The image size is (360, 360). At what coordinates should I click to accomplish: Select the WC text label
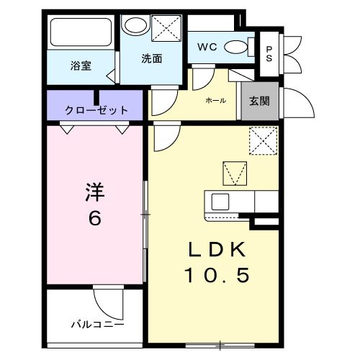point(207,48)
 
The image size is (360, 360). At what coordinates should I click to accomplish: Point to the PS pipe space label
point(269,54)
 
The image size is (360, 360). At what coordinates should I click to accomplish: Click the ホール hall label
point(214,99)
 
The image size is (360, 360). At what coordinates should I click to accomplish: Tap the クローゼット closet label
point(96,110)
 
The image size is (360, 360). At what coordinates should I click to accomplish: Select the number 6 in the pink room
point(95,218)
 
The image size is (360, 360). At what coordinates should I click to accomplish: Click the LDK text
point(218,251)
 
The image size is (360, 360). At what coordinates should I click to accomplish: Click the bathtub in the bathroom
point(81,32)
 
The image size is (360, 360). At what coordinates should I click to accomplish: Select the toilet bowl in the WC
point(235,48)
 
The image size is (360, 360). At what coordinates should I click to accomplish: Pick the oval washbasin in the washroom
point(134,27)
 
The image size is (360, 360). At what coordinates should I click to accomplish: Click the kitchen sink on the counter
point(220,201)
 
